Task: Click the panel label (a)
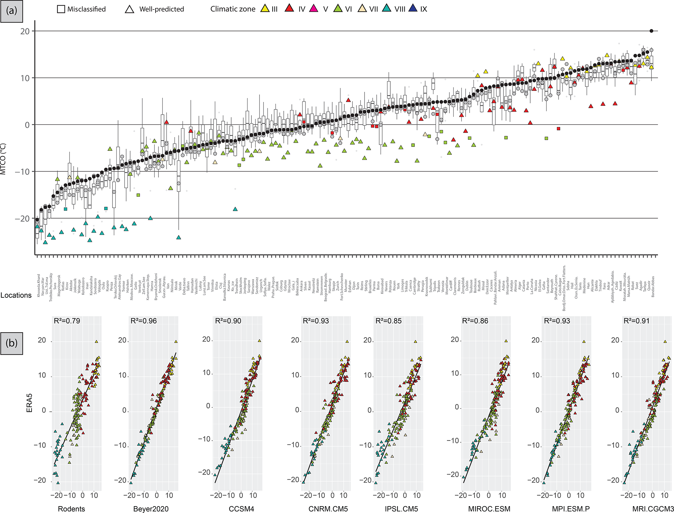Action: (12, 11)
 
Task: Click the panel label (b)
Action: (12, 343)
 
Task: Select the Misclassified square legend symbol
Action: (61, 9)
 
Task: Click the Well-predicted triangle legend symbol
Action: (130, 9)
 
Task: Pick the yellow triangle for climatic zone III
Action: (264, 9)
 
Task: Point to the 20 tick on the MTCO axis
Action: (25, 31)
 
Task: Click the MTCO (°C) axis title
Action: (4, 159)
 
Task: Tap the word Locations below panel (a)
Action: (16, 295)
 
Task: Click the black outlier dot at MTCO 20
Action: (651, 31)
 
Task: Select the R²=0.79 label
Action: (67, 321)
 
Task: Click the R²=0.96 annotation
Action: (143, 321)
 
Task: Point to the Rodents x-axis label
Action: (71, 509)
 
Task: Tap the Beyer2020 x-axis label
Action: (151, 509)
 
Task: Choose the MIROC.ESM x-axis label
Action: (489, 509)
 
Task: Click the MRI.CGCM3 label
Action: (653, 509)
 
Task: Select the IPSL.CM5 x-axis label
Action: (401, 509)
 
